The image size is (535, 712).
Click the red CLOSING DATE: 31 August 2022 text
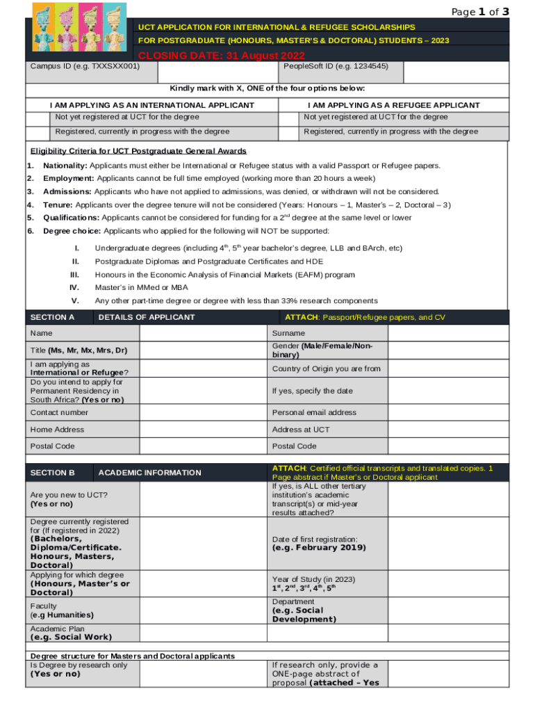[x=222, y=56]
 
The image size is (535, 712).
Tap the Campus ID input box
[x=218, y=72]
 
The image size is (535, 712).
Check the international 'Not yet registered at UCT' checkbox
[x=38, y=117]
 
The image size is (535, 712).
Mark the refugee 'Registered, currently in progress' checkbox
[x=288, y=132]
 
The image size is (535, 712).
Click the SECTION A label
[x=53, y=318]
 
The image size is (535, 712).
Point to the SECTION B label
[x=53, y=473]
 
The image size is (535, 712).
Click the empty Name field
[x=203, y=334]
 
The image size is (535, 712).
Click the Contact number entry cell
[x=203, y=413]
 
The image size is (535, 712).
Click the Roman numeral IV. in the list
[x=75, y=287]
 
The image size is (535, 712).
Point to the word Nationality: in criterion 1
[x=65, y=165]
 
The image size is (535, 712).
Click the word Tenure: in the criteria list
[x=58, y=205]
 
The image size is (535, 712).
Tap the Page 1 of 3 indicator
[x=480, y=11]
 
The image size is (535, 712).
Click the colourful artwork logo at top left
[x=78, y=28]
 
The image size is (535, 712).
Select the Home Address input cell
[x=203, y=430]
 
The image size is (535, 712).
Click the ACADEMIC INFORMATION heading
[x=149, y=473]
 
